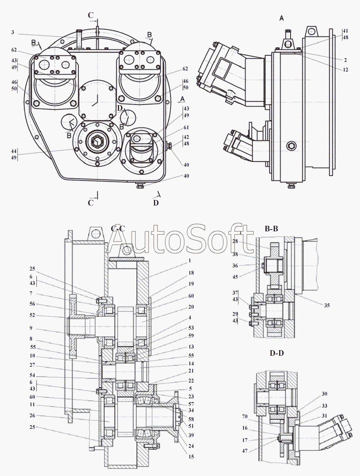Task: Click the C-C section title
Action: [x=118, y=228]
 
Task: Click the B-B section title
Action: [x=271, y=229]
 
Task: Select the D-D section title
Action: [x=277, y=353]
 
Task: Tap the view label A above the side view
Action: [x=282, y=18]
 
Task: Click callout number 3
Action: [x=13, y=32]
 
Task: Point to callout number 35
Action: [x=327, y=306]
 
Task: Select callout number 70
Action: [x=245, y=416]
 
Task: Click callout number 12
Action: [x=346, y=70]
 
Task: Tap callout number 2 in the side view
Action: [x=346, y=60]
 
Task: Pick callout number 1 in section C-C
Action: [x=190, y=261]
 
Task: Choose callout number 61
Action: [x=186, y=128]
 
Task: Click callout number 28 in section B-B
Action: [x=235, y=241]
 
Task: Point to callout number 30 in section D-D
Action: [x=325, y=394]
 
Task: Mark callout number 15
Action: [x=191, y=456]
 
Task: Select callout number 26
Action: [x=32, y=416]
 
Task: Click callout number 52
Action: [x=32, y=315]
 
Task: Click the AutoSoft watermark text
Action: [x=181, y=239]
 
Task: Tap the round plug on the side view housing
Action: [x=291, y=146]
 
